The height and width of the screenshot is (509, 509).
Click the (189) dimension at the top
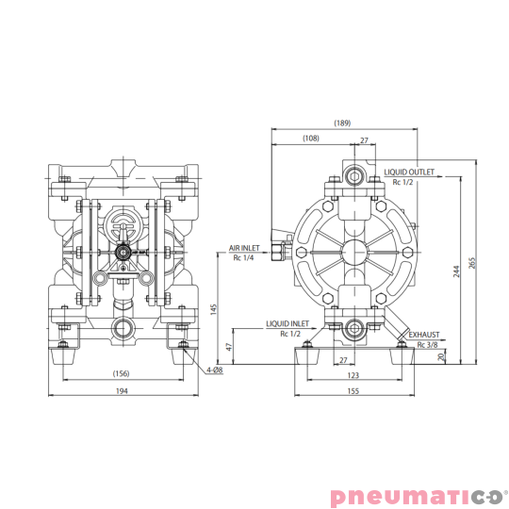click(342, 123)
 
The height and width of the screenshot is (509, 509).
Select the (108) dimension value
click(311, 139)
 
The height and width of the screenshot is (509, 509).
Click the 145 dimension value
click(216, 309)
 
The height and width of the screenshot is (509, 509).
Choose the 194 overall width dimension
click(121, 390)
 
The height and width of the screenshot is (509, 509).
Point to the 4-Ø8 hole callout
click(215, 370)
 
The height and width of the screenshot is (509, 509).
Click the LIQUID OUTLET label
click(409, 172)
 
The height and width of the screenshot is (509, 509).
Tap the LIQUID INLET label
click(287, 323)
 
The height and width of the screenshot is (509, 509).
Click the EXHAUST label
click(424, 335)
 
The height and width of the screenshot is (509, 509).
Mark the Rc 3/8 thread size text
click(426, 344)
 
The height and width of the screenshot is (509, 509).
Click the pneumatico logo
click(418, 496)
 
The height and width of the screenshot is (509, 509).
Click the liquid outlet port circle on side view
click(356, 175)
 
